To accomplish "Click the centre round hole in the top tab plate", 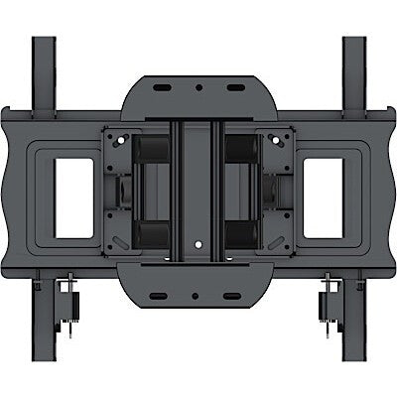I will click(198, 88).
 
